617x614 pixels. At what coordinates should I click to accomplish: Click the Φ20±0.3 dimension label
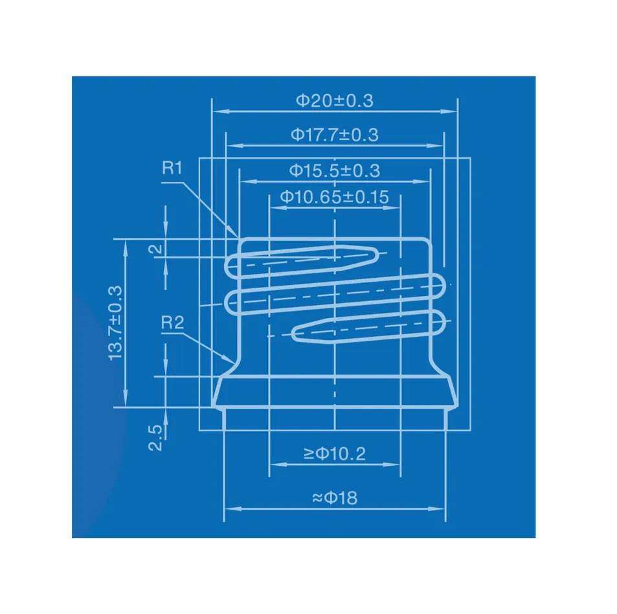(x=334, y=100)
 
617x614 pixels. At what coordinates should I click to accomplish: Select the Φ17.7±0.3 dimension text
(x=334, y=135)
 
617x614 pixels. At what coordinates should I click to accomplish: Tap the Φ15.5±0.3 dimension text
(x=334, y=170)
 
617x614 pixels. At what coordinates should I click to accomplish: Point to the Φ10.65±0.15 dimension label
(x=334, y=197)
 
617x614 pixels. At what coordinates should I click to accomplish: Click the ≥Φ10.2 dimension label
(x=334, y=454)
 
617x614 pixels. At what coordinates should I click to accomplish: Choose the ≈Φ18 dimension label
(x=334, y=498)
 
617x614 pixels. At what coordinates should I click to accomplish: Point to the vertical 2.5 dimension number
(x=155, y=438)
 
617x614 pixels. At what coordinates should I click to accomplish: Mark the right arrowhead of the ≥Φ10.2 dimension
(x=396, y=464)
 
